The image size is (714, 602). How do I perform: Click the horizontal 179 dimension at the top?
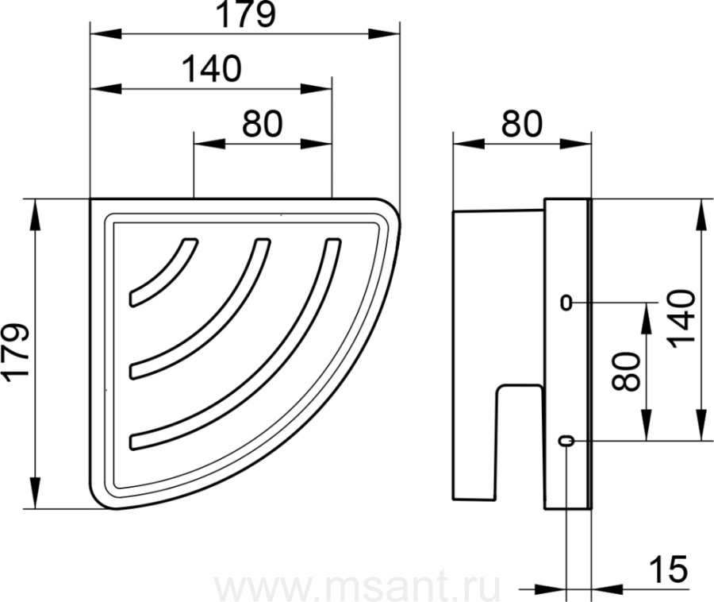[246, 15]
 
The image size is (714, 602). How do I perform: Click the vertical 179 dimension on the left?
[16, 351]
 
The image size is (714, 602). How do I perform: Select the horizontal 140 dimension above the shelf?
[212, 69]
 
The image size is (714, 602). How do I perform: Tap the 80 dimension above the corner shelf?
[263, 124]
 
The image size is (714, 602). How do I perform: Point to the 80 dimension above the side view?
[522, 124]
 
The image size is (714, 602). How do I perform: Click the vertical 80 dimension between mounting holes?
[626, 372]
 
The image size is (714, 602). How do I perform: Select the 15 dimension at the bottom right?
[668, 569]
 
